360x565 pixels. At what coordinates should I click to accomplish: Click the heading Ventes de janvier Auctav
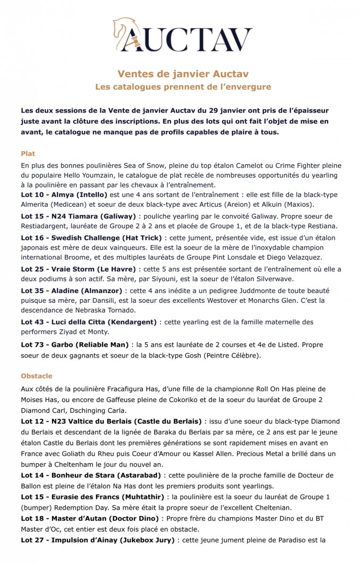click(x=183, y=74)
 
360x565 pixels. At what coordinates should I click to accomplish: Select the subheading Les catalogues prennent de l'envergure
click(x=183, y=87)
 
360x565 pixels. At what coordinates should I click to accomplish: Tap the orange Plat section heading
click(x=28, y=153)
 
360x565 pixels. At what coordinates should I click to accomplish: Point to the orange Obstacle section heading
click(x=36, y=376)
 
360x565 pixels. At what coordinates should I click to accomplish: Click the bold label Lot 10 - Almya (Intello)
click(x=64, y=194)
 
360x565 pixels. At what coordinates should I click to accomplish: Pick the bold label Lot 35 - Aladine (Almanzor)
click(x=72, y=291)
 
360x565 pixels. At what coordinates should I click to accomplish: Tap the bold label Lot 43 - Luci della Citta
click(x=89, y=322)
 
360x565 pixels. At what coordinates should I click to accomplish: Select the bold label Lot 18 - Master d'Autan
click(x=89, y=518)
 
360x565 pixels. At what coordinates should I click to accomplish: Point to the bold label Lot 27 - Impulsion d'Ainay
click(x=97, y=540)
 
